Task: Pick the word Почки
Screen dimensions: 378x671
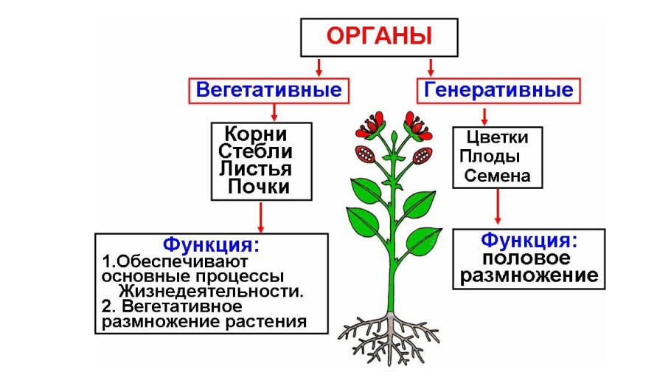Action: click(x=258, y=187)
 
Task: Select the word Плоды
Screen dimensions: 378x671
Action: click(x=490, y=157)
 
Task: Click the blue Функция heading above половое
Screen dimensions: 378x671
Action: click(x=528, y=240)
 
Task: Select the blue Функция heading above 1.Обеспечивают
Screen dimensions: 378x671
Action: click(x=212, y=244)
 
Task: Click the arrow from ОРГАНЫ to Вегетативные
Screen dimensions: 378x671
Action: click(x=319, y=67)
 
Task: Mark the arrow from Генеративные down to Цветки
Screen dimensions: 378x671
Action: click(x=484, y=115)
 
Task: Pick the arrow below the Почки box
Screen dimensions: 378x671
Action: click(x=260, y=217)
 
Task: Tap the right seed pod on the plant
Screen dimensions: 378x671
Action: click(x=423, y=156)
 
